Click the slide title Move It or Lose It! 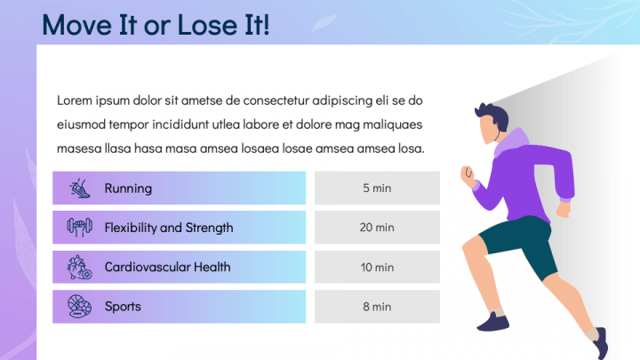tap(156, 25)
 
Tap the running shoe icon tap(80, 188)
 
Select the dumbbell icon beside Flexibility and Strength tap(80, 228)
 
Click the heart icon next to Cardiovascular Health tap(80, 268)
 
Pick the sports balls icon tap(80, 307)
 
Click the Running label tap(128, 188)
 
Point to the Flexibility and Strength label tap(169, 228)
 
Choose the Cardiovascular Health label tap(167, 267)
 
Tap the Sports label tap(123, 307)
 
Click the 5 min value tap(377, 188)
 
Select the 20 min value tap(377, 228)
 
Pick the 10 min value tap(377, 268)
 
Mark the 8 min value tap(377, 307)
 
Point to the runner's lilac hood tap(511, 141)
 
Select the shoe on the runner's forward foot tap(493, 322)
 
